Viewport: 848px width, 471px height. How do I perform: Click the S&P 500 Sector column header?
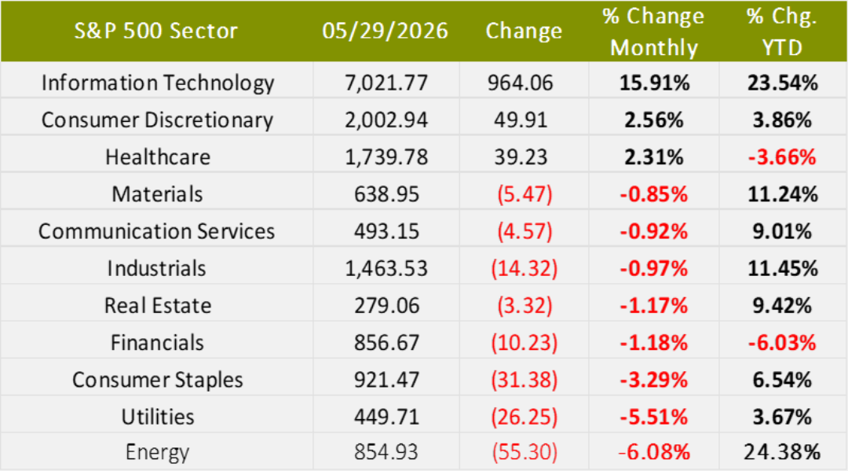(x=155, y=31)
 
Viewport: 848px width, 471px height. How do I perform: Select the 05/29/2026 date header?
(x=385, y=31)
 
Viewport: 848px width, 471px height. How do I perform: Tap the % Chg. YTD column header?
(x=782, y=32)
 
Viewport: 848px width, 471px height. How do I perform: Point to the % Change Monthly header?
(x=654, y=32)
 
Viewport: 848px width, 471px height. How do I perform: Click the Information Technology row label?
(x=157, y=83)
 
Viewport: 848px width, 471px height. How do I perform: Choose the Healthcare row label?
(x=157, y=157)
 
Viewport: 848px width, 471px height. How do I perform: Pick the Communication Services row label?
(x=156, y=231)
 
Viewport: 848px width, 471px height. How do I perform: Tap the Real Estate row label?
(x=157, y=305)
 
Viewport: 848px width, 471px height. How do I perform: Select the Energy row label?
(x=157, y=452)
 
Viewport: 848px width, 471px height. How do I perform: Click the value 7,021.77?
(x=386, y=83)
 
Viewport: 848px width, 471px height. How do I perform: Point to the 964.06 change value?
(x=521, y=83)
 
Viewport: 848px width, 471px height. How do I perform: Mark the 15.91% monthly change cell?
(x=654, y=83)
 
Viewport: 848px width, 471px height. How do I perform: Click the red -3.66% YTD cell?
(x=782, y=157)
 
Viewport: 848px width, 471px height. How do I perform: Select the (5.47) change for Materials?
(x=525, y=194)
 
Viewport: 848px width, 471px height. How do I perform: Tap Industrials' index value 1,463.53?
(x=386, y=268)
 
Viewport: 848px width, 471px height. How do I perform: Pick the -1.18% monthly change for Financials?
(x=654, y=343)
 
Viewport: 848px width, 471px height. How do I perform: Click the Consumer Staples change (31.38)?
(x=524, y=380)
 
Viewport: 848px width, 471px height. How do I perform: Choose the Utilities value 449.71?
(x=386, y=417)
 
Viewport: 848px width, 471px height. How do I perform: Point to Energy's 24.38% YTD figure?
(x=782, y=451)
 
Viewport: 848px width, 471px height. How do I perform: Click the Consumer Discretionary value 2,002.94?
(x=386, y=120)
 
